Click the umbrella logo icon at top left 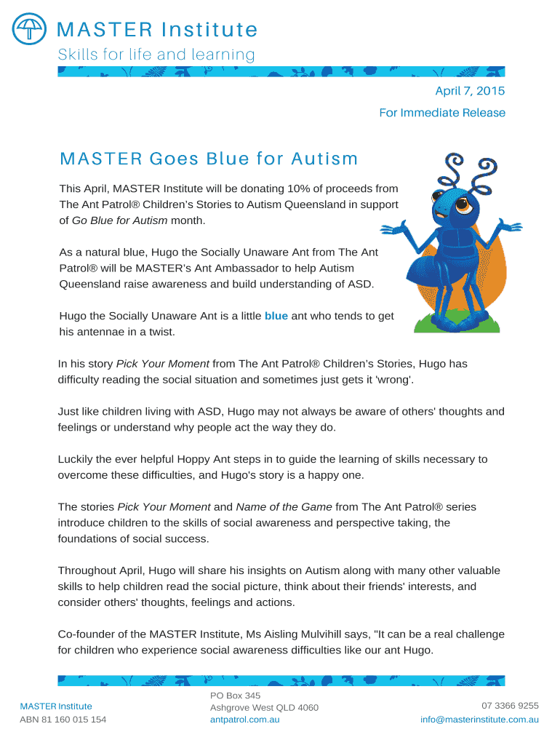coord(29,29)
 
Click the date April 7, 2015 coord(469,91)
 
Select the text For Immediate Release coord(441,113)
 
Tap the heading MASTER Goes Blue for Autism coord(209,159)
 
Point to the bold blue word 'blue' coord(276,316)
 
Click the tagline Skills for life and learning coord(156,55)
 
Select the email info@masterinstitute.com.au coord(479,720)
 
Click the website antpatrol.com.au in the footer coord(244,720)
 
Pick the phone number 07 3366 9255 coord(510,706)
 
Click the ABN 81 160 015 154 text coord(63,720)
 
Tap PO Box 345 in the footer coord(235,696)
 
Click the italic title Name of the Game coord(284,506)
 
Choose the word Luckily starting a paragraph coord(77,459)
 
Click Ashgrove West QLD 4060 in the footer coord(264,707)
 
